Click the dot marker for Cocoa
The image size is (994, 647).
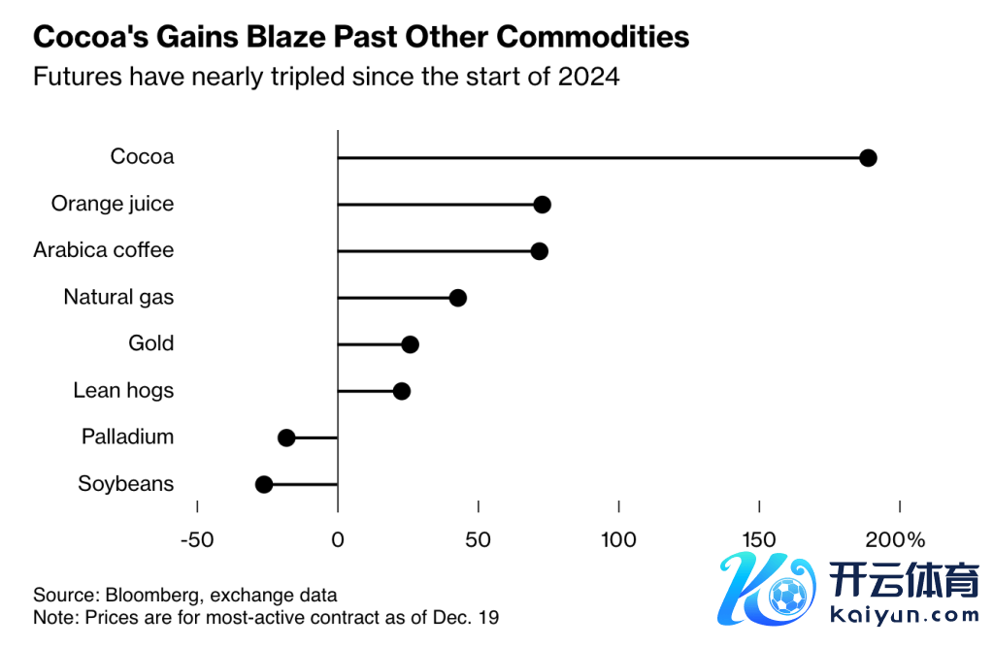tap(868, 158)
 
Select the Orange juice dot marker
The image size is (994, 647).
tap(543, 205)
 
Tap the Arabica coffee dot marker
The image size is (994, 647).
tap(540, 251)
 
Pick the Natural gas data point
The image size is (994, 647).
tap(458, 298)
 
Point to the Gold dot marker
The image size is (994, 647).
tap(411, 344)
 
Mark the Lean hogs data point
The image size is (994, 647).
tap(402, 391)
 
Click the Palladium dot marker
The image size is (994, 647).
tap(286, 437)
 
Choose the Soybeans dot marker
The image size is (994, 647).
tap(264, 484)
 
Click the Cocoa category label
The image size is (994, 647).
tap(142, 157)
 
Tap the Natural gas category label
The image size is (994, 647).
tap(118, 297)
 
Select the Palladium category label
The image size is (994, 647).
tap(127, 437)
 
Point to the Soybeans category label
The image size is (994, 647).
tap(125, 483)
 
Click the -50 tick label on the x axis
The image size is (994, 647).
tap(197, 539)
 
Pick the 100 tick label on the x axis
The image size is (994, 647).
tap(618, 539)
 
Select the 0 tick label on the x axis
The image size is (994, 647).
tap(338, 539)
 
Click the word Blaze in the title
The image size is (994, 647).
tap(282, 37)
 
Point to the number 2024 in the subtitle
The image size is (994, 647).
tap(588, 77)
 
